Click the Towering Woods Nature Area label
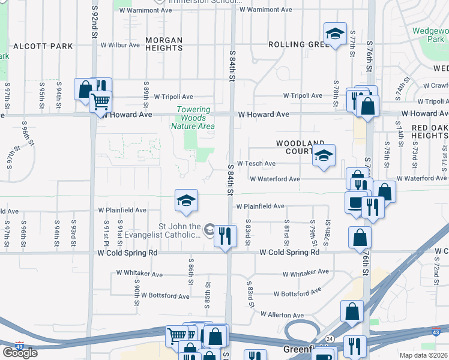pyautogui.click(x=193, y=118)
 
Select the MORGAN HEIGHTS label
pyautogui.click(x=164, y=44)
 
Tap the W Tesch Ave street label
pyautogui.click(x=256, y=163)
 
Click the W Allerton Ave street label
pyautogui.click(x=282, y=314)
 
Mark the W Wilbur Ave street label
pyautogui.click(x=121, y=45)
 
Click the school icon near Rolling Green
pyautogui.click(x=335, y=34)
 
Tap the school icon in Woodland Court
pyautogui.click(x=324, y=156)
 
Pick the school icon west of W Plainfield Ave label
pyautogui.click(x=187, y=200)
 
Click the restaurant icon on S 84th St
pyautogui.click(x=225, y=235)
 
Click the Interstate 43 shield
pyautogui.click(x=20, y=346)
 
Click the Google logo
pyautogui.click(x=20, y=353)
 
